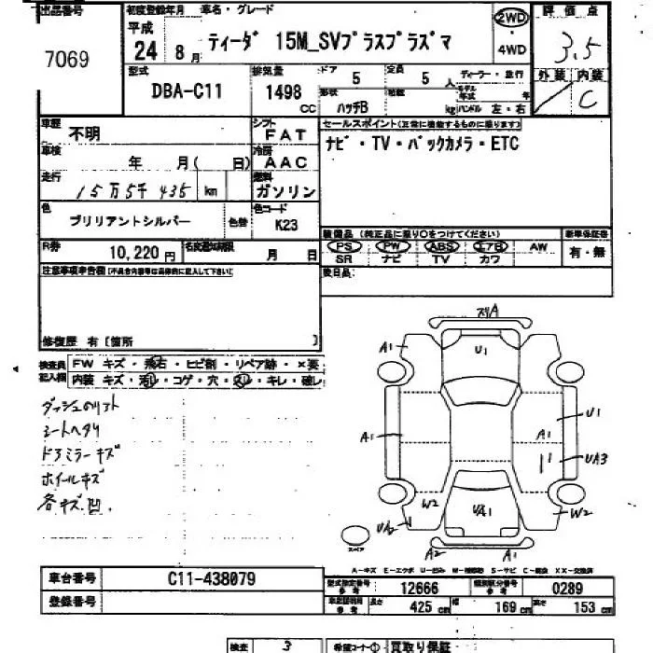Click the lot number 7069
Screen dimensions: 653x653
click(x=66, y=61)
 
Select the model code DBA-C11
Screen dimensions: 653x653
click(x=185, y=92)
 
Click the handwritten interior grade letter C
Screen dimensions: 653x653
click(x=588, y=101)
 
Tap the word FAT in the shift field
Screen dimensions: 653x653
click(x=285, y=135)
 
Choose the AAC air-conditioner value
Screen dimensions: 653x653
click(x=284, y=162)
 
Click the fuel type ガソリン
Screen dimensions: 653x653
click(x=285, y=190)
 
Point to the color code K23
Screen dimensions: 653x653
click(x=286, y=225)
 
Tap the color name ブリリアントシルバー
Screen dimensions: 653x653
click(x=130, y=220)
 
